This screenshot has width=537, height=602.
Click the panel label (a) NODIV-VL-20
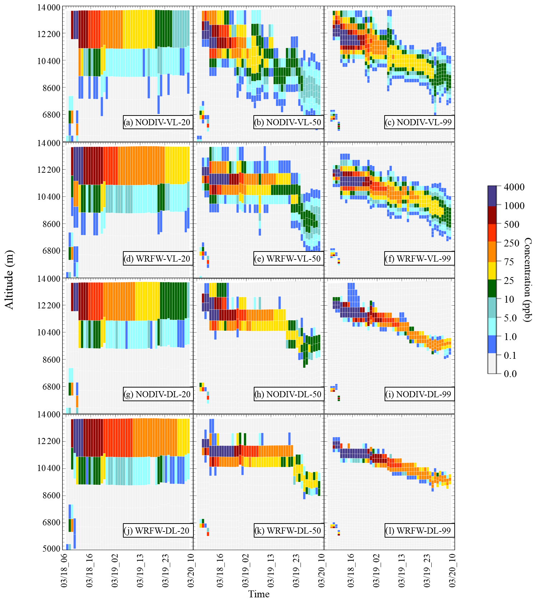[x=157, y=122]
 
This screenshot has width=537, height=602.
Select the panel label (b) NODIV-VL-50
[x=288, y=122]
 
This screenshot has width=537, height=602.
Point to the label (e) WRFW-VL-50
[x=288, y=258]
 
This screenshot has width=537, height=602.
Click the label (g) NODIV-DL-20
[x=157, y=394]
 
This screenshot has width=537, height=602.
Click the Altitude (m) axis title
[x=9, y=280]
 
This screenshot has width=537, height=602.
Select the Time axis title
[x=259, y=594]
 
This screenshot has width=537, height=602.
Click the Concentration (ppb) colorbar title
[x=527, y=280]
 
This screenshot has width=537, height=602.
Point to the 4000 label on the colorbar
[x=514, y=187]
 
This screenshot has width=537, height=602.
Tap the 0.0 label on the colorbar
[x=510, y=374]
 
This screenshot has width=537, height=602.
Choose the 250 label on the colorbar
[x=511, y=243]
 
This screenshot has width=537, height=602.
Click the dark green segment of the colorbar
[x=492, y=289]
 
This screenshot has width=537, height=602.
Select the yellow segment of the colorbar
[x=492, y=270]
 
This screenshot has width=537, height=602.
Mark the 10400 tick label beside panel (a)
[x=49, y=61]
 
